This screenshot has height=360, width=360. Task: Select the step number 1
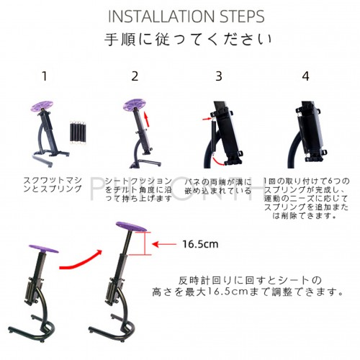45,76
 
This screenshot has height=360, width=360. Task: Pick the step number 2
135,76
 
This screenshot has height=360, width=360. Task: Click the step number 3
220,76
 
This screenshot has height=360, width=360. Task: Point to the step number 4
305,76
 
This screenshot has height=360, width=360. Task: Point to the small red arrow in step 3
208,119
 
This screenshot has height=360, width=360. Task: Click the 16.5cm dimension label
199,244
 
